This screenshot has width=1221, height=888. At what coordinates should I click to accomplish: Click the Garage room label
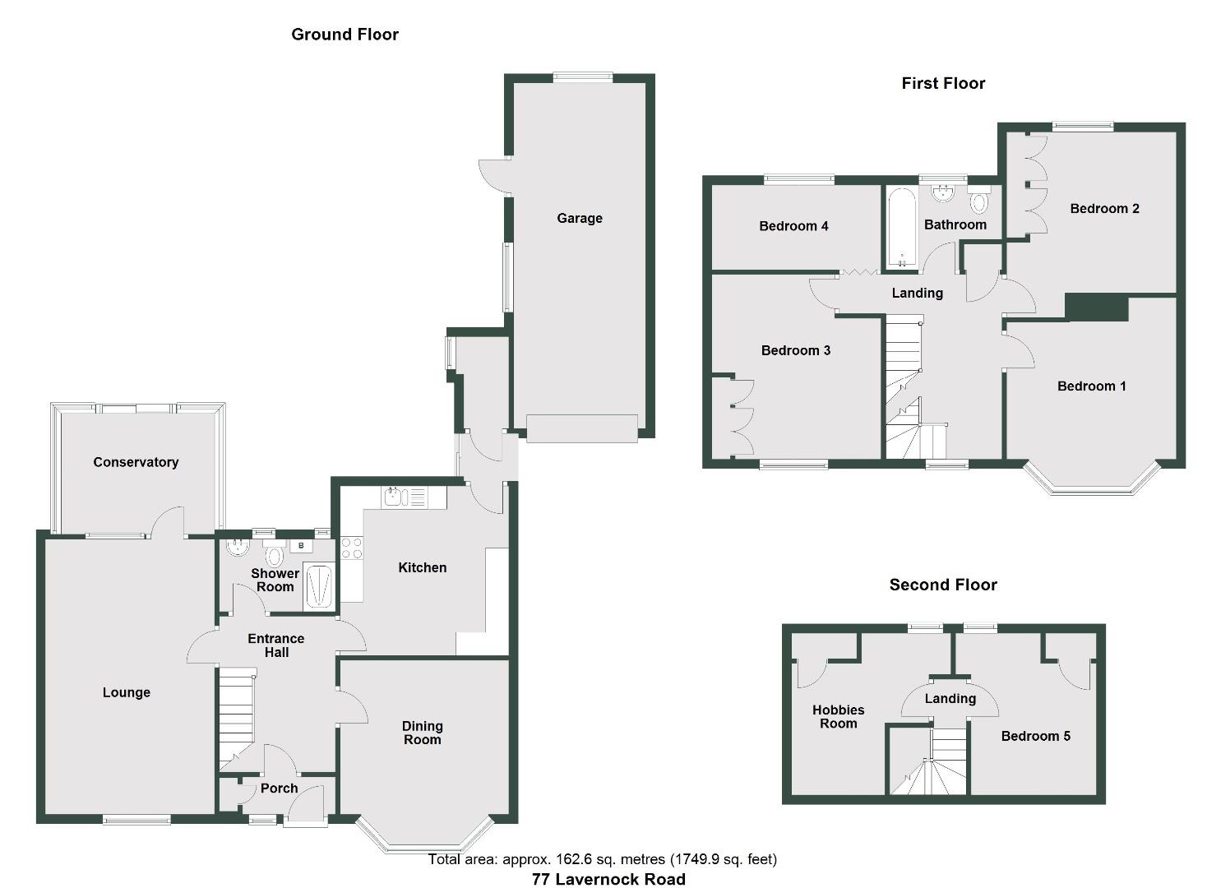pos(580,218)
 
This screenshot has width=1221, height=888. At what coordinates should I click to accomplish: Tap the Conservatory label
pos(136,462)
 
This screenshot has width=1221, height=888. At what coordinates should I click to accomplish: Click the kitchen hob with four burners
pos(352,548)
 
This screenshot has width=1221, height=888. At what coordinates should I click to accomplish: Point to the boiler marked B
pos(301,545)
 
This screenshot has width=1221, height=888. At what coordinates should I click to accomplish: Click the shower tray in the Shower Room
pos(319,585)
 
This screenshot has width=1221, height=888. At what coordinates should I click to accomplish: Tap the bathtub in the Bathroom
pos(902,228)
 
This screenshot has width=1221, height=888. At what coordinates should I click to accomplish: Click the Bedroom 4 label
pos(793,226)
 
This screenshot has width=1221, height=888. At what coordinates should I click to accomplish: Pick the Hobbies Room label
pos(839,717)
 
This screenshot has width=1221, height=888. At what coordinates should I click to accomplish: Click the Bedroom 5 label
pos(1035,736)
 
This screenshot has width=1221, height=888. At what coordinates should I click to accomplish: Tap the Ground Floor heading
pos(345,35)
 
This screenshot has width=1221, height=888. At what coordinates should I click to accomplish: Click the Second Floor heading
pos(943,585)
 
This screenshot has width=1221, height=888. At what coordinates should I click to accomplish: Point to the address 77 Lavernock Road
pos(608,879)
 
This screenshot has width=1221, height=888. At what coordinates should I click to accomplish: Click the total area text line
pos(602,859)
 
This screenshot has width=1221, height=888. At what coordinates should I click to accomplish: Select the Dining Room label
pos(422,733)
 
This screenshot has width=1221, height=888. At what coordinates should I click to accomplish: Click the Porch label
pos(279,789)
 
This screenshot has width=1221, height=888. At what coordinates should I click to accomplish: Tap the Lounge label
pos(127,692)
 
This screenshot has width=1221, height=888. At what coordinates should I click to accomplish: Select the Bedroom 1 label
pos(1091,386)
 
